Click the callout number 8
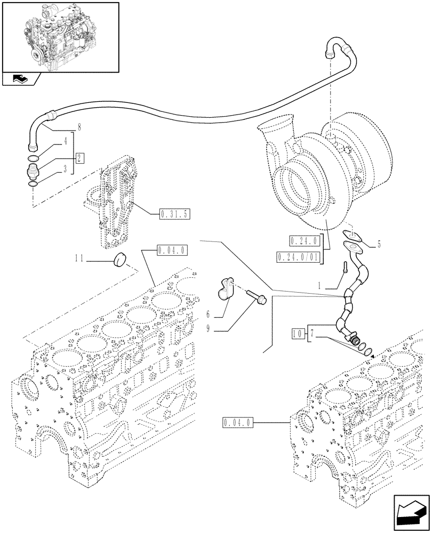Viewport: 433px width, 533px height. pyautogui.click(x=78, y=127)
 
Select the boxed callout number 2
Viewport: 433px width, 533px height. pyautogui.click(x=78, y=158)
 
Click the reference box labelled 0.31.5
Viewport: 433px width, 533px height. pyautogui.click(x=174, y=215)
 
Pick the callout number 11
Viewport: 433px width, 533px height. pyautogui.click(x=79, y=259)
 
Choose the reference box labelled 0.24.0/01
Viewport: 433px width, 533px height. pyautogui.click(x=298, y=257)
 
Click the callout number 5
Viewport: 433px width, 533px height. pyautogui.click(x=379, y=245)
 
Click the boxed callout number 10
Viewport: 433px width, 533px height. pyautogui.click(x=298, y=334)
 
